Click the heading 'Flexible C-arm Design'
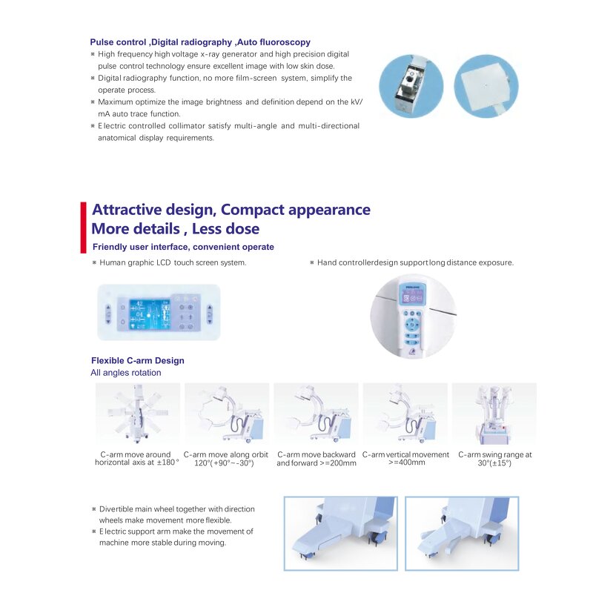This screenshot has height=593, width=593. click(x=138, y=360)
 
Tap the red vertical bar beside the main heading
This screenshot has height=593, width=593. click(x=83, y=228)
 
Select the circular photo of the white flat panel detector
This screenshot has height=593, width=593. click(x=486, y=86)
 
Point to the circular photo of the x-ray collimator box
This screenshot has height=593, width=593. click(x=411, y=86)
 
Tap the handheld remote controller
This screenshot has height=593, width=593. click(x=411, y=319)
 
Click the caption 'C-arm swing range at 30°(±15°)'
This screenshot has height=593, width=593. click(x=494, y=459)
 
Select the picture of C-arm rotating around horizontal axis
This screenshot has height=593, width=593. click(x=138, y=413)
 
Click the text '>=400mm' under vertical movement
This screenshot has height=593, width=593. click(x=406, y=463)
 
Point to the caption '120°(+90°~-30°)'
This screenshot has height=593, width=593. click(x=224, y=463)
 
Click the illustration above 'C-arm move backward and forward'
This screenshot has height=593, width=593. click(x=317, y=413)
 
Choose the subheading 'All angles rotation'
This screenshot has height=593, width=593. click(x=126, y=373)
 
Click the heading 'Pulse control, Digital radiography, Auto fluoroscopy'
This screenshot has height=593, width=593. click(x=200, y=42)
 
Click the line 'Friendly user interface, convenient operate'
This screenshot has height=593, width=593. click(x=183, y=247)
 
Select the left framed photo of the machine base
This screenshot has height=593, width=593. click(x=341, y=533)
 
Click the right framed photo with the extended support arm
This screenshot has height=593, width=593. click(x=462, y=533)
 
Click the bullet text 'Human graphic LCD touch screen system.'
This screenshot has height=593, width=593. click(x=173, y=262)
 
